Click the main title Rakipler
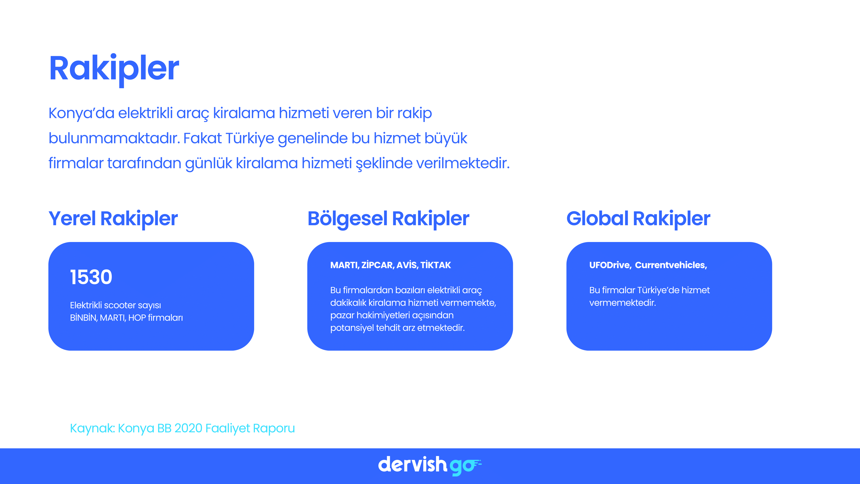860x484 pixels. (114, 69)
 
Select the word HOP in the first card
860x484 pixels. (137, 318)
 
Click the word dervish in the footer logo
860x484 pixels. (412, 465)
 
